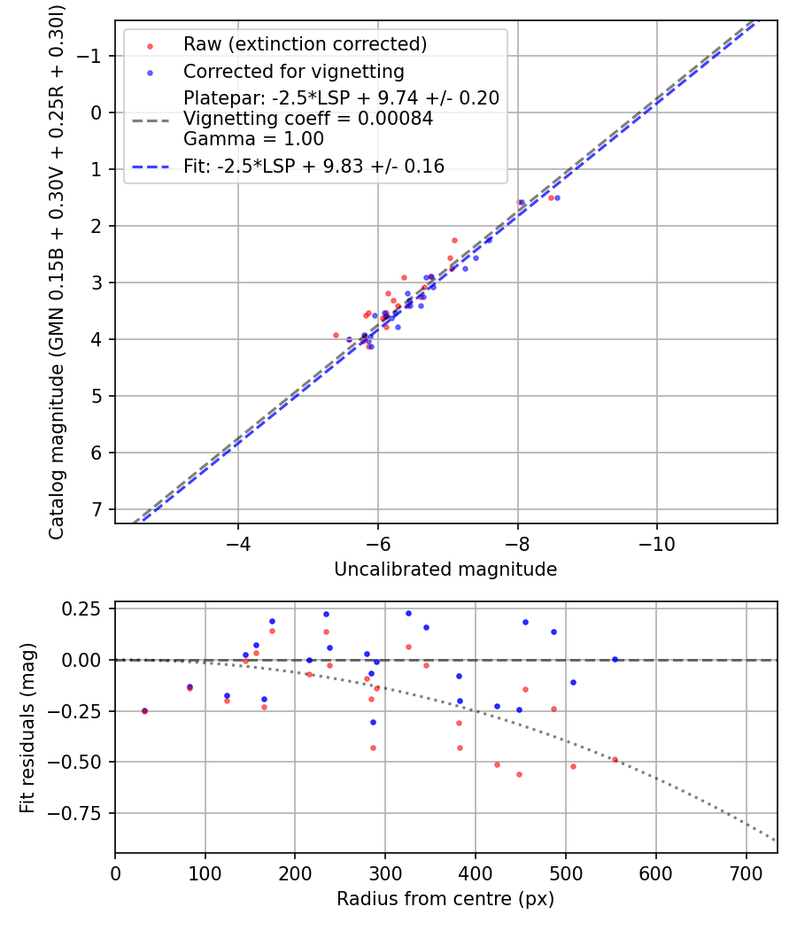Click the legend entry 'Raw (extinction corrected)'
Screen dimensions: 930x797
click(305, 44)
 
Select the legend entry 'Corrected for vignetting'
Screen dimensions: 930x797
click(293, 72)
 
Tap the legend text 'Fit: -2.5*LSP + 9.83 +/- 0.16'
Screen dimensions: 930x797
click(313, 166)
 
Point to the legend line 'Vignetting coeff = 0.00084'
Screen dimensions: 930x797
click(307, 119)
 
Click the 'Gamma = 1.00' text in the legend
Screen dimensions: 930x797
click(253, 139)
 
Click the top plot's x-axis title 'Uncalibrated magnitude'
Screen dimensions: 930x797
click(445, 570)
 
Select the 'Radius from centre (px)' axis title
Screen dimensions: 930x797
click(445, 899)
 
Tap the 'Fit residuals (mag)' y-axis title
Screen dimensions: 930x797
click(27, 728)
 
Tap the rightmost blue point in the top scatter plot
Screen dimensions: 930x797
click(557, 198)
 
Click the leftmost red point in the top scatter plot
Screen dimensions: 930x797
click(336, 335)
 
